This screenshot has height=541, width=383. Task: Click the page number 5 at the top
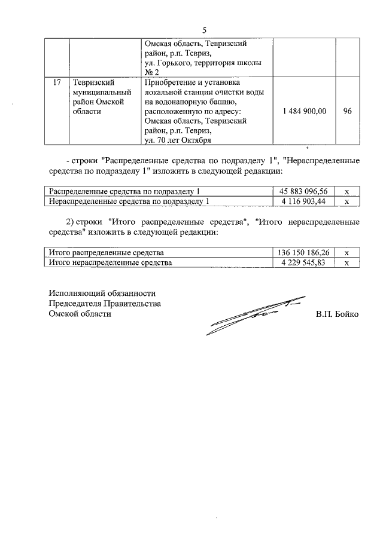(204, 30)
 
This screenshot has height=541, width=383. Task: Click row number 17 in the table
(57, 82)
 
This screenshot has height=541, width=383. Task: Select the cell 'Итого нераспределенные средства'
(110, 262)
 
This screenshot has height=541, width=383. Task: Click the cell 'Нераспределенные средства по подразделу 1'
(129, 201)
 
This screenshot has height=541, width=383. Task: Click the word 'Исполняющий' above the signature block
(74, 293)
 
